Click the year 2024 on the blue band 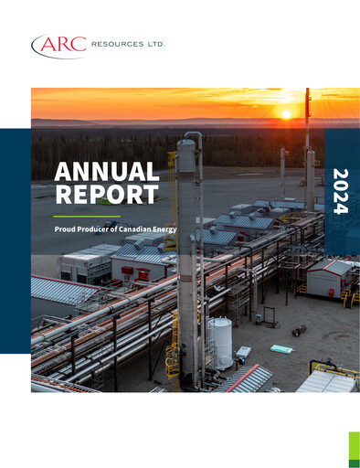point(341,191)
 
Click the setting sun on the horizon point(285,113)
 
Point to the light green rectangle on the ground point(282,348)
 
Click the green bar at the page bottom point(354,450)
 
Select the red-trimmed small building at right point(326,278)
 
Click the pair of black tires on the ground point(301,331)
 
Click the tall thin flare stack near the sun point(307,137)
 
